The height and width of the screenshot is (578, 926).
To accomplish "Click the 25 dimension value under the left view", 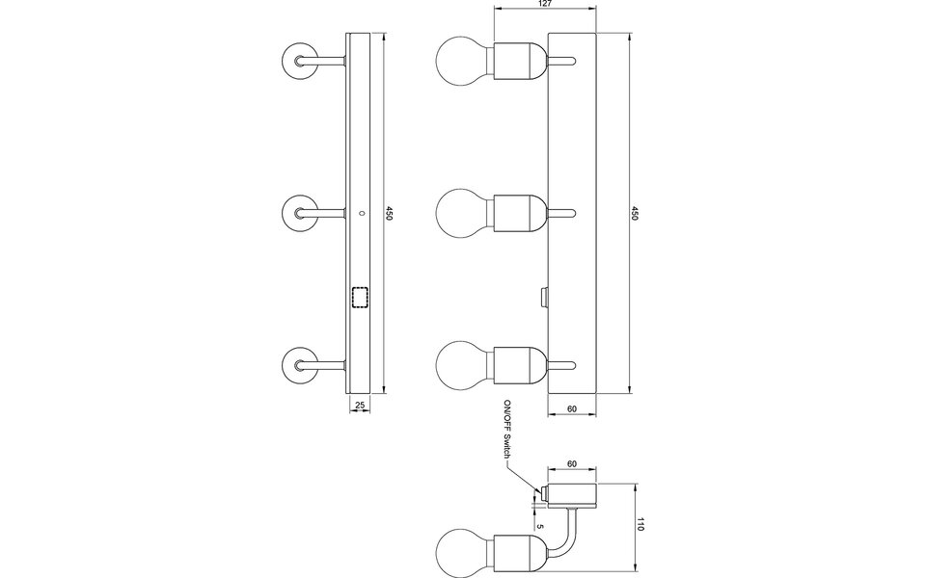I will coord(360,406).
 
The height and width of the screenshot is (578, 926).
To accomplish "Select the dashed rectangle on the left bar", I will coord(362,298).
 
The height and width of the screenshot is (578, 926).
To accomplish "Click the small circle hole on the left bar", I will coord(362,212).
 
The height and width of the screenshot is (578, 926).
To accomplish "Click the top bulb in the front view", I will coord(464,61).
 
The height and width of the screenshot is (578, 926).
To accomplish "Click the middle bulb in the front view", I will coord(464,213).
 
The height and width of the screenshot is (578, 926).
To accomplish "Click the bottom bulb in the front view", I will coord(464,364).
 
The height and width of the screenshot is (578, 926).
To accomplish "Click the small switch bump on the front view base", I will coord(544,295).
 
